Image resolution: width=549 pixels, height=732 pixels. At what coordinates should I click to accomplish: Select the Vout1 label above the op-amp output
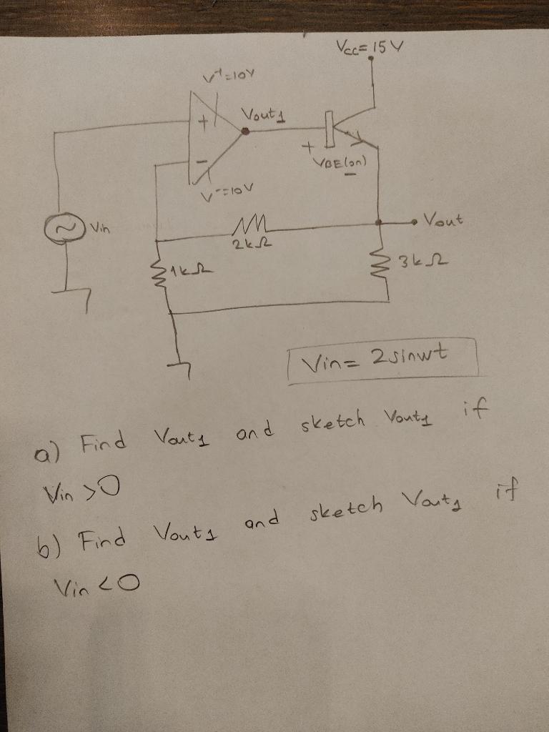pyautogui.click(x=262, y=114)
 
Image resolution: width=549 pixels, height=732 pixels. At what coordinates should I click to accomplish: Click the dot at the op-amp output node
pyautogui.click(x=245, y=131)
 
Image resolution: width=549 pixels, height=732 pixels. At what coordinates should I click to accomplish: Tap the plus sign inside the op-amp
pyautogui.click(x=203, y=123)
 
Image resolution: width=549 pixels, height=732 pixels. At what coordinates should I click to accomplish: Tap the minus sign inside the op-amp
pyautogui.click(x=202, y=164)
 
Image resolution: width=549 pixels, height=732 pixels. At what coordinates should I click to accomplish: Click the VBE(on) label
pyautogui.click(x=340, y=162)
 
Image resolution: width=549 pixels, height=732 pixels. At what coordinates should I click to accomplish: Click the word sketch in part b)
pyautogui.click(x=347, y=505)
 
